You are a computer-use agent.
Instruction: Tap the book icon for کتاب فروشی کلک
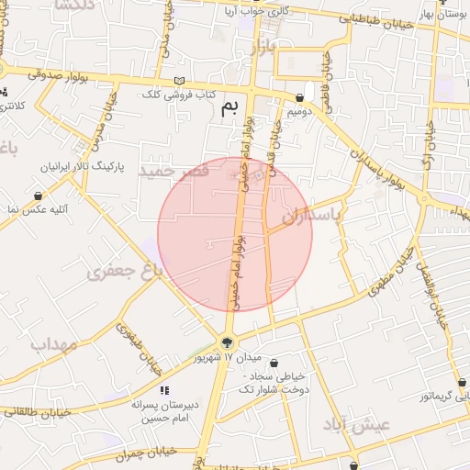coord(179,81)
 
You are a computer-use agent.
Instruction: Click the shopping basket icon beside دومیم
coord(300,98)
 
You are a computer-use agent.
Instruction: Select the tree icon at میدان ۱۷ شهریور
coord(227,342)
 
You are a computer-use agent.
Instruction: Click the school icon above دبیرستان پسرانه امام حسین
coord(164,391)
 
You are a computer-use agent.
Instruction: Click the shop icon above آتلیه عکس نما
coord(38,196)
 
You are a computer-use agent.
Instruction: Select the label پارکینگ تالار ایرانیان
coord(77,167)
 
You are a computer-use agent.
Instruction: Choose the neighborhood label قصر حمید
coord(167,172)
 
